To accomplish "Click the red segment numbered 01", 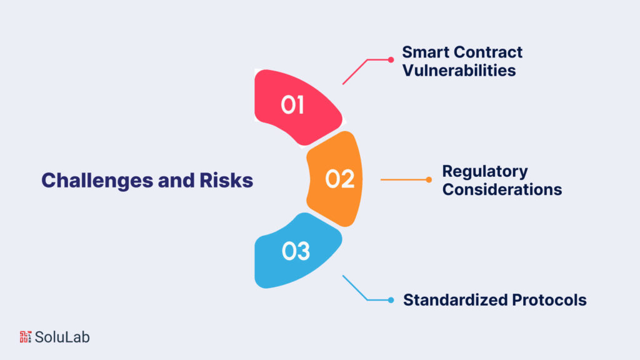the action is click(296, 106).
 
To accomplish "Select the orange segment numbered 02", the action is click(336, 179).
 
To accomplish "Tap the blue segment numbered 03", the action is click(296, 251).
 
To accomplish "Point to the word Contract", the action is click(487, 52).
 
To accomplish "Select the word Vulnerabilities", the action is click(459, 70).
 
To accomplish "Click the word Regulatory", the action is click(485, 172).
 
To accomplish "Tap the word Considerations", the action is click(502, 189).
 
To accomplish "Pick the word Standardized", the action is click(455, 300).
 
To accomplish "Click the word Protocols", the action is click(549, 300).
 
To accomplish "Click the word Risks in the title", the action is click(226, 181).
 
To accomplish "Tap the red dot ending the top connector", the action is click(391, 60).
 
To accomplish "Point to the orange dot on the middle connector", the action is click(429, 179).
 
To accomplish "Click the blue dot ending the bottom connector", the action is click(391, 301).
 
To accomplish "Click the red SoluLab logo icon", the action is click(25, 337).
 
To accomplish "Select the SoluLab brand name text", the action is click(62, 337).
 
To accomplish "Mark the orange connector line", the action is click(404, 179).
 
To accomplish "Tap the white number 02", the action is click(339, 179).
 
